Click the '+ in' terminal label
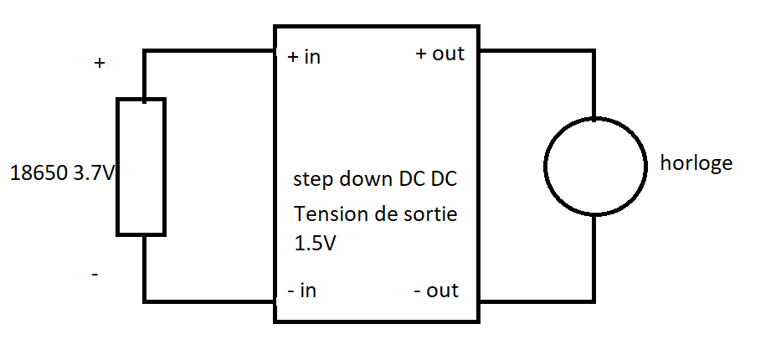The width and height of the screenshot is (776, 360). [x=304, y=57]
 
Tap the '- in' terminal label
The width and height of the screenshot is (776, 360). [x=301, y=291]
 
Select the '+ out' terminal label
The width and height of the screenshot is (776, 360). [x=439, y=54]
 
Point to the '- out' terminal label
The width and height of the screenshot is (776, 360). [x=436, y=291]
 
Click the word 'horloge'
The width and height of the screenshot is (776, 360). [x=696, y=162]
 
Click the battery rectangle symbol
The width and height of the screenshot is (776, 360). [x=141, y=167]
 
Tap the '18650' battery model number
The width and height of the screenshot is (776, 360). [x=39, y=174]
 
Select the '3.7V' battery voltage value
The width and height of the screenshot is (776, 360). [x=94, y=174]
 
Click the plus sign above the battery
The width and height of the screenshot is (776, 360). [x=100, y=63]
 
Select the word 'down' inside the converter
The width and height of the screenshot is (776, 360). [x=372, y=179]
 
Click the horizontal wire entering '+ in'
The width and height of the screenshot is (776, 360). [x=209, y=51]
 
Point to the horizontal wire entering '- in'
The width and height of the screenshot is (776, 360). [x=209, y=300]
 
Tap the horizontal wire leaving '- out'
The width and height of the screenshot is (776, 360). [x=536, y=299]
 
